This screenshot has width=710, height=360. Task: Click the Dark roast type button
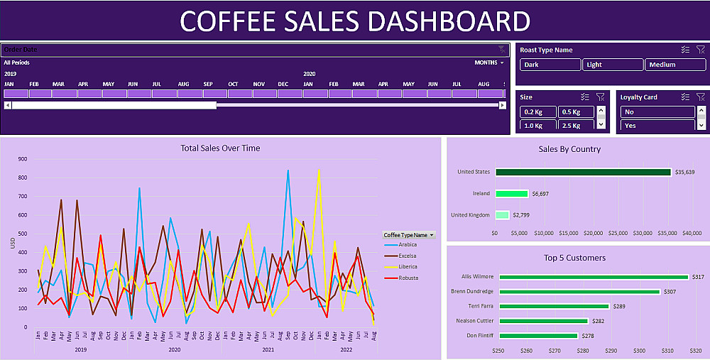[550, 65]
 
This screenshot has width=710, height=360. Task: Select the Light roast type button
[613, 65]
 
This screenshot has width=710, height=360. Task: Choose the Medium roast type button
[674, 65]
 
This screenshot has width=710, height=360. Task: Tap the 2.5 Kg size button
[575, 126]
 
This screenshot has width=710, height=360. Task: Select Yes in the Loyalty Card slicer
[657, 126]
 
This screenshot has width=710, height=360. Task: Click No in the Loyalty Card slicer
[657, 111]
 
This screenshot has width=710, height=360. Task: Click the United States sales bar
[583, 172]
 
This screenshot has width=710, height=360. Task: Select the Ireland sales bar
[512, 193]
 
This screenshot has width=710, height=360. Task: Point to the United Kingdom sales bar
[502, 215]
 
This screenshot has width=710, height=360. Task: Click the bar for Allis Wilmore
[594, 277]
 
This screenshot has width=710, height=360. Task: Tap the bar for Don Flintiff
[538, 336]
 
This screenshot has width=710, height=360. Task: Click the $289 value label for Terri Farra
[619, 307]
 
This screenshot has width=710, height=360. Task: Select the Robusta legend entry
[407, 278]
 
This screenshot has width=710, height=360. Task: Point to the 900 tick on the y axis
[23, 159]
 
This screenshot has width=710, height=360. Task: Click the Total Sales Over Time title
[220, 148]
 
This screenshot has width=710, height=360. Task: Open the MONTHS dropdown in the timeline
[489, 62]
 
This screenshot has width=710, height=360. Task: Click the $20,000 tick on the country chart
[593, 233]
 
